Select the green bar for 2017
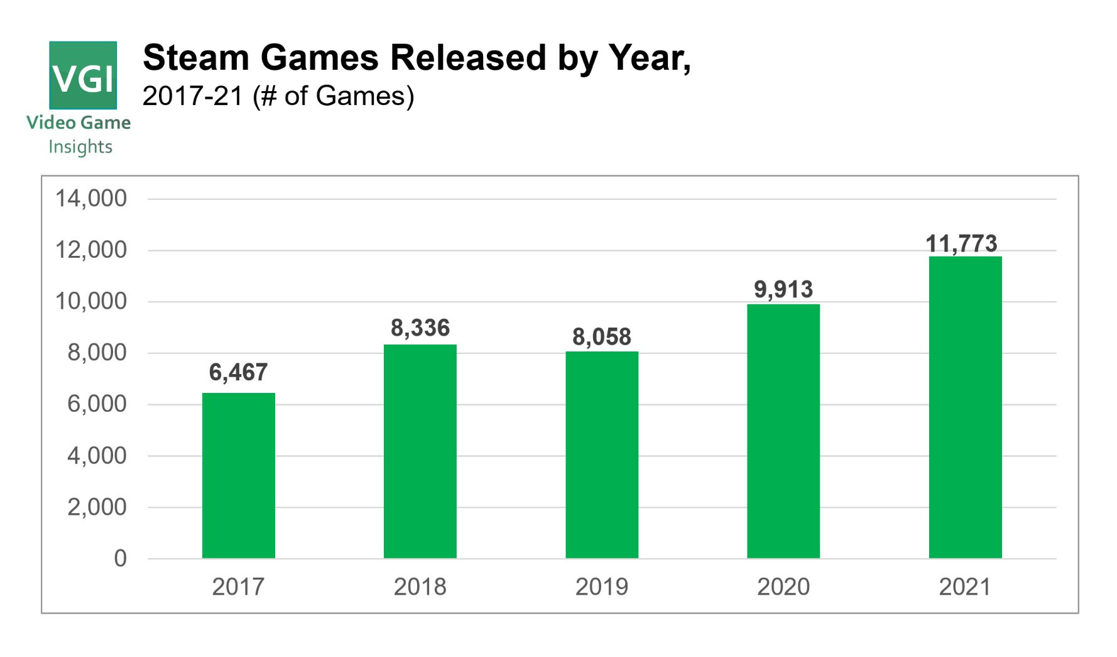238,475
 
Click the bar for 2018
420,451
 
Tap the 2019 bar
601,455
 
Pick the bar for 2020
783,431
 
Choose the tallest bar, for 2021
965,407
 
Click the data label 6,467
238,372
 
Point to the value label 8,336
420,328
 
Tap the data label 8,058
601,337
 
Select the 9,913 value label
783,289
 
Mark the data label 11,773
961,243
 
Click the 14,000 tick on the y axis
91,199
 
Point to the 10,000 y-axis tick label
91,301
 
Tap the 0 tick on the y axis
120,558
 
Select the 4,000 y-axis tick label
97,455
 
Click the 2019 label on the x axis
601,587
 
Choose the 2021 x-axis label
964,587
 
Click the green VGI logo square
83,75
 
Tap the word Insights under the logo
80,146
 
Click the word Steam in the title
196,58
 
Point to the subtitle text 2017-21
192,96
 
